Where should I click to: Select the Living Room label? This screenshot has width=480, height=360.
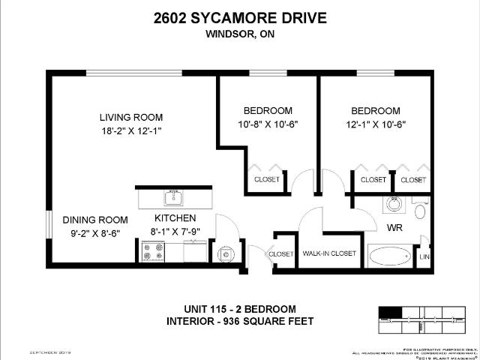click(x=131, y=117)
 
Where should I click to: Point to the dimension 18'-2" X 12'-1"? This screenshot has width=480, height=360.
click(x=131, y=130)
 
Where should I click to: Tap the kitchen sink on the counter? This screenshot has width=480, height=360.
click(x=174, y=198)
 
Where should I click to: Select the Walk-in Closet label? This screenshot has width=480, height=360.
click(x=328, y=253)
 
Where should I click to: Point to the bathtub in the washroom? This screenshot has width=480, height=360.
click(x=390, y=256)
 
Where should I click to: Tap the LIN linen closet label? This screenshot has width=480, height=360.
click(x=425, y=256)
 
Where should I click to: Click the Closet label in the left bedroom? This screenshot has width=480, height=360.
click(x=266, y=180)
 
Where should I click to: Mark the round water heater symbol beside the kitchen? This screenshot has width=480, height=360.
click(x=226, y=255)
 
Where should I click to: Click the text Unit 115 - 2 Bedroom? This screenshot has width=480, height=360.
click(x=239, y=309)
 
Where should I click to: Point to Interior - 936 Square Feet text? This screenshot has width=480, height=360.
click(x=239, y=322)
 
